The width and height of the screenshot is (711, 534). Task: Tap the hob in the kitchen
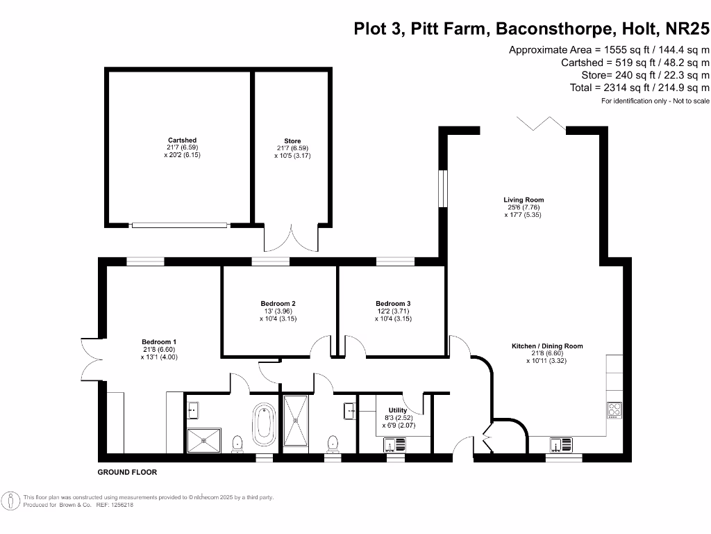tap(614, 411)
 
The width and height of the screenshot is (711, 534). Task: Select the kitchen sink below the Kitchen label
tap(560, 444)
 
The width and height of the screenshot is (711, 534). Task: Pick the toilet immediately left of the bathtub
tap(237, 443)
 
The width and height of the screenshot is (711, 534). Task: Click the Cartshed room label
tap(181, 140)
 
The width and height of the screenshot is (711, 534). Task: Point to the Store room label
tap(292, 141)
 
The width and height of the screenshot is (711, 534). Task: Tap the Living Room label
tap(524, 200)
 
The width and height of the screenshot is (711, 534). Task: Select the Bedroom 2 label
tap(278, 304)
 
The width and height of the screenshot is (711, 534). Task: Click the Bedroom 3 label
tap(393, 304)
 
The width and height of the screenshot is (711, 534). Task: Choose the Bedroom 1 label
tap(159, 342)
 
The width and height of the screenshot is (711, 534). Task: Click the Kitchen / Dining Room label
tap(547, 346)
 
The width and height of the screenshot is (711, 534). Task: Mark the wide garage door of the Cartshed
tap(180, 225)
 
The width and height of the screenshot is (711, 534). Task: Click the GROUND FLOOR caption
tap(127, 472)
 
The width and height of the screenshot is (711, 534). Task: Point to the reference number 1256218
tap(119, 505)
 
